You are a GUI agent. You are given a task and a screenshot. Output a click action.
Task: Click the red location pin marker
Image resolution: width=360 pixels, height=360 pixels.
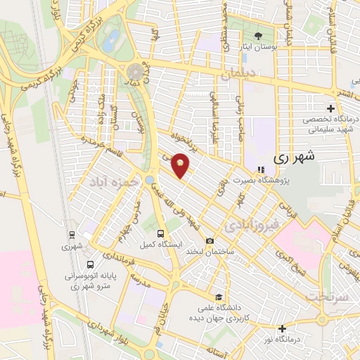tap(181, 165)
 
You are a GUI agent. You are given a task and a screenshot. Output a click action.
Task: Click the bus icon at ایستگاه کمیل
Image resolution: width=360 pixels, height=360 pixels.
tap(161, 233)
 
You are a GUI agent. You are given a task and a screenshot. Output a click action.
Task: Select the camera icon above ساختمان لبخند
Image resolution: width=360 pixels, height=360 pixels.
tap(210, 241)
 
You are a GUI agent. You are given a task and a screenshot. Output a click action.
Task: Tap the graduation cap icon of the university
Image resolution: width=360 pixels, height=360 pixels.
tap(219, 297)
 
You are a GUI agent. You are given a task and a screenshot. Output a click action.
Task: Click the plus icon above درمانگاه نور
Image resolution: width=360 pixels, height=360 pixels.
tap(282, 328)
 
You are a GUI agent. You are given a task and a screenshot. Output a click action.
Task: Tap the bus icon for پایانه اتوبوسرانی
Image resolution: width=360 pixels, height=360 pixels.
tap(90, 264)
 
